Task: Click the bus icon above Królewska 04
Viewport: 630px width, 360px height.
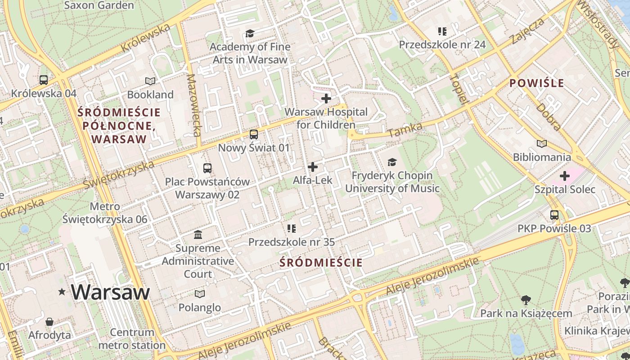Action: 44,80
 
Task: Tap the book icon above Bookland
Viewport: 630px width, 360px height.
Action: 150,81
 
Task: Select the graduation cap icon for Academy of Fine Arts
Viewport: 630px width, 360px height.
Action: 250,33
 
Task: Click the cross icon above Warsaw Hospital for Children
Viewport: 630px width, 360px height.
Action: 326,98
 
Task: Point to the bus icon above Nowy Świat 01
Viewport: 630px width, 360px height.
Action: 254,134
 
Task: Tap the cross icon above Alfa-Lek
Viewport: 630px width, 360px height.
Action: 312,167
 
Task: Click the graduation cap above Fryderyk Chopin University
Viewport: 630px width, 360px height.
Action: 392,162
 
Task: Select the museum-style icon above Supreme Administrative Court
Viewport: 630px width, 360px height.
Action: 198,234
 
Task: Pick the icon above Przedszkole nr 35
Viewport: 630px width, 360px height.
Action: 291,229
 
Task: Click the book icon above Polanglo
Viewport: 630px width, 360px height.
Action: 199,294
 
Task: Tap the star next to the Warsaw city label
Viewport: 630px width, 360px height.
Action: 62,292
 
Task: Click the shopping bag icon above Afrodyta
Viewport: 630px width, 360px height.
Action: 49,322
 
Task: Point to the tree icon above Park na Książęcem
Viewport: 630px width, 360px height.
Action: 526,300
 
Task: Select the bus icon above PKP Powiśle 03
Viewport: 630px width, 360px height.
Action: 554,215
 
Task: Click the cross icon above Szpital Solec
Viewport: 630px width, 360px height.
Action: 565,176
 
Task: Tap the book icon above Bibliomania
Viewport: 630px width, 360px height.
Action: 542,144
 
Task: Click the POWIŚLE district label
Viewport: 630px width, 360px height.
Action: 536,83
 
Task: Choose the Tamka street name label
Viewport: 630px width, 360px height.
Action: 405,130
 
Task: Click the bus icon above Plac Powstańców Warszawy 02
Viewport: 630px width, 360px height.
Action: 207,168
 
